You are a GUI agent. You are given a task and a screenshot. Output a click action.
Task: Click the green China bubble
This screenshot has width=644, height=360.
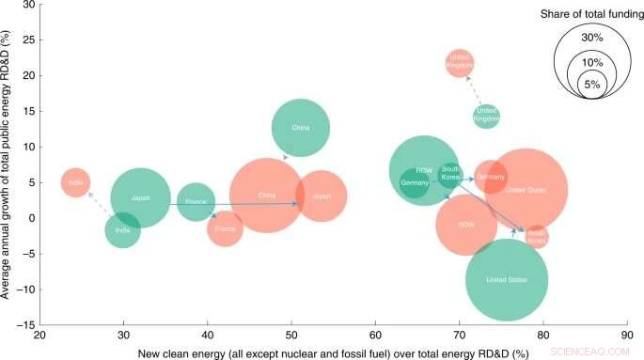(301, 129)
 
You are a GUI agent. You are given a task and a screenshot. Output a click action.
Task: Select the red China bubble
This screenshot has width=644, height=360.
(267, 196)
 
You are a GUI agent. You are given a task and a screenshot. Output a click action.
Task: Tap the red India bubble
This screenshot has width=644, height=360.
(76, 182)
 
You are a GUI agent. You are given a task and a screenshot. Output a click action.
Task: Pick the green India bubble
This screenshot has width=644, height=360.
(123, 230)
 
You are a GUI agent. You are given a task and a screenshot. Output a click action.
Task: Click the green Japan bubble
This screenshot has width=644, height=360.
(140, 198)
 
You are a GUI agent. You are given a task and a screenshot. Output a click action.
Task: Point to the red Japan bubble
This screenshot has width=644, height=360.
(322, 196)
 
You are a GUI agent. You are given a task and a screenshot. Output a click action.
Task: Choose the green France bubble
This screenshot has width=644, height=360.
(196, 202)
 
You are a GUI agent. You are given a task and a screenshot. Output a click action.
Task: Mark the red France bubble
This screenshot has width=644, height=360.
(225, 228)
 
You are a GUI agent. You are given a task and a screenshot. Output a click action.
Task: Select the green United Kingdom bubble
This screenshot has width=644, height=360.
(486, 116)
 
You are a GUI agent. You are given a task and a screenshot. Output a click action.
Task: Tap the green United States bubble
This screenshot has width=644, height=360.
(507, 280)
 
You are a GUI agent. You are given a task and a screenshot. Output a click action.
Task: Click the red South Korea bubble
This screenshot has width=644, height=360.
(537, 237)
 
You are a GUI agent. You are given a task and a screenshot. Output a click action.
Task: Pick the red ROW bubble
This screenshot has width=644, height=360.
(466, 226)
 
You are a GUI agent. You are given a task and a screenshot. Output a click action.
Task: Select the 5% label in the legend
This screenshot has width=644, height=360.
(591, 84)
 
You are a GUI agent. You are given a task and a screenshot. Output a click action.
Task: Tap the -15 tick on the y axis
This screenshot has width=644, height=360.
(23, 324)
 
